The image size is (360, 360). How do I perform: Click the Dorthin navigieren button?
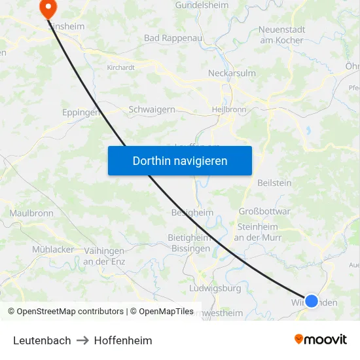pyautogui.click(x=179, y=160)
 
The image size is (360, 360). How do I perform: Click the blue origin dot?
pyautogui.click(x=312, y=301)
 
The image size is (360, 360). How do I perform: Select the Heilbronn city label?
pyautogui.click(x=229, y=109)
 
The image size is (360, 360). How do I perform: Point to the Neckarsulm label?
pyautogui.click(x=231, y=73)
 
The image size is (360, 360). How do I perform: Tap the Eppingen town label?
pyautogui.click(x=81, y=112)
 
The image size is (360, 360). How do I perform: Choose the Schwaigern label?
pyautogui.click(x=152, y=109)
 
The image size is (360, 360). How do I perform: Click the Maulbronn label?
pyautogui.click(x=31, y=213)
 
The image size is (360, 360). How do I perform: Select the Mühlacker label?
pyautogui.click(x=53, y=249)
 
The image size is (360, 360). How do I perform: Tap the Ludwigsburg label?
pyautogui.click(x=214, y=288)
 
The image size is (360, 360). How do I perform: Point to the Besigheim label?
pyautogui.click(x=192, y=213)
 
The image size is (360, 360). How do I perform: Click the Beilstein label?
pyautogui.click(x=275, y=183)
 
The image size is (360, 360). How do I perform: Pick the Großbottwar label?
pyautogui.click(x=264, y=211)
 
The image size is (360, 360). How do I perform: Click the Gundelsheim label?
pyautogui.click(x=202, y=5)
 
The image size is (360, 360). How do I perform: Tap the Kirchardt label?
pyautogui.click(x=121, y=66)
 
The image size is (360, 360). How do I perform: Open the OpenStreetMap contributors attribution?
pyautogui.click(x=67, y=312)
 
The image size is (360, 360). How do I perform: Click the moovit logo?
pyautogui.click(x=321, y=339)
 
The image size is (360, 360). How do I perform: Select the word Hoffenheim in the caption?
pyautogui.click(x=123, y=340)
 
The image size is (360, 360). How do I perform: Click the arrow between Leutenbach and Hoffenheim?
pyautogui.click(x=82, y=340)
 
